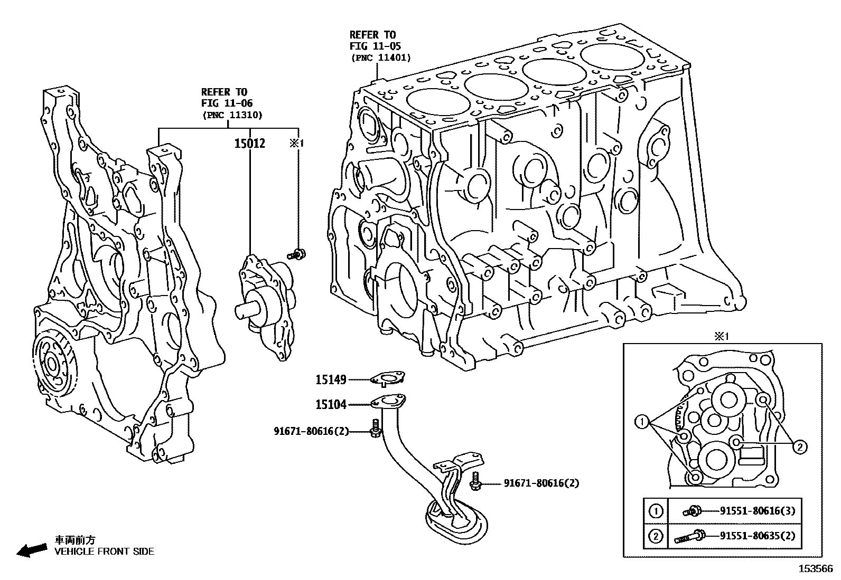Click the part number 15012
249,144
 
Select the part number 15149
331,379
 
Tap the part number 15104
331,405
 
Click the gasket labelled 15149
387,378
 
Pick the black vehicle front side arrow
31,551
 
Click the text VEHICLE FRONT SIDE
105,552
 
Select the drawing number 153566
815,569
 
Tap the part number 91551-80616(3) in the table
757,510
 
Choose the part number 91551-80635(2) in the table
757,536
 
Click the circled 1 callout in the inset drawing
642,421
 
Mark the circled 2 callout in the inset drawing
800,447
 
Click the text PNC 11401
381,58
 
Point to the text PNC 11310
232,115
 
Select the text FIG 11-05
375,46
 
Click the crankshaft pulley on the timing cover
53,364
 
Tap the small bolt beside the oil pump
297,254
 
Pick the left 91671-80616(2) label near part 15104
311,431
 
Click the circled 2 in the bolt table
656,536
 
